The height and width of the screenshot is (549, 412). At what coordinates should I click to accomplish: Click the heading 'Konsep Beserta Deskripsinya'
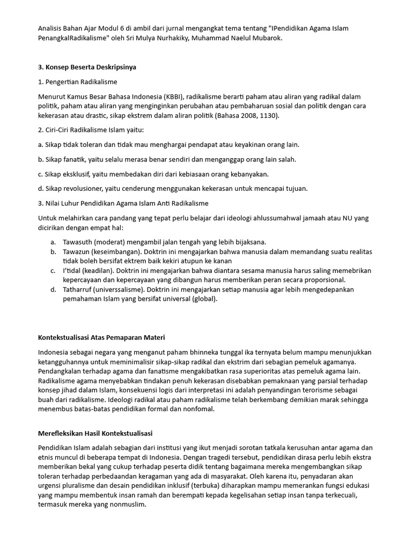[91, 67]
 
